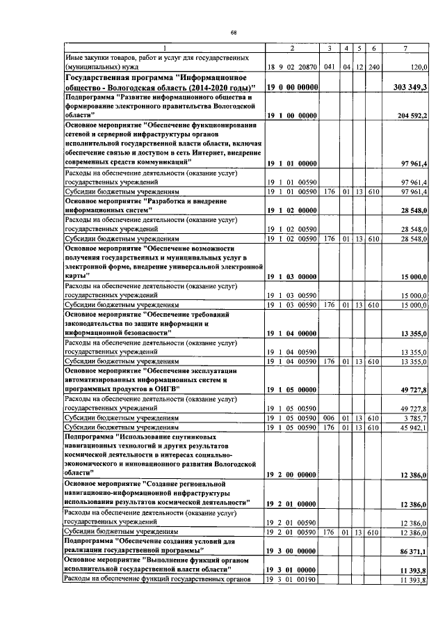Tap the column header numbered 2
click(x=292, y=47)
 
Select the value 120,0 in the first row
click(x=419, y=68)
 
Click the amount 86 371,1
click(x=414, y=549)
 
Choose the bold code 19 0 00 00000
click(x=292, y=86)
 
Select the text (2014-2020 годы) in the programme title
click(x=213, y=86)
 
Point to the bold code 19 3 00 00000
click(x=292, y=549)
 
